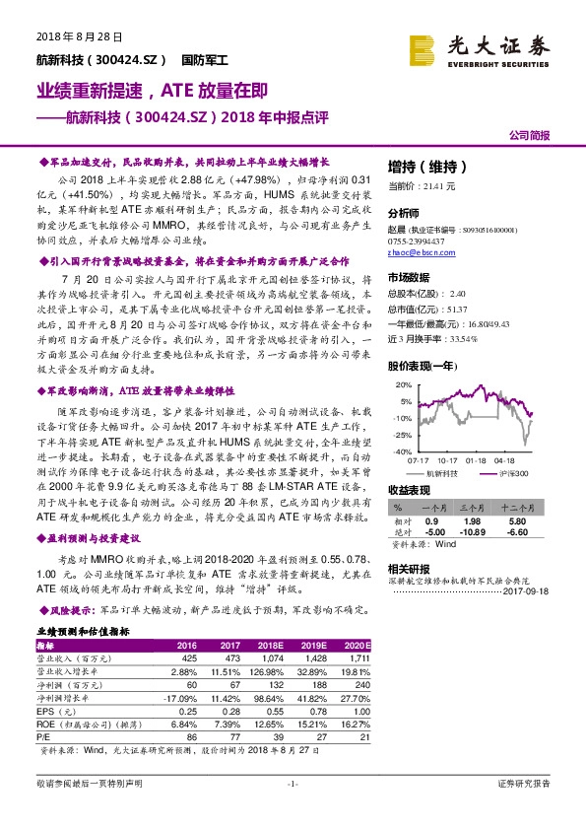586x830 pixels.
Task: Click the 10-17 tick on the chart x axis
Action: coord(447,459)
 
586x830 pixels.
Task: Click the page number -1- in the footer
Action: coord(292,811)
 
